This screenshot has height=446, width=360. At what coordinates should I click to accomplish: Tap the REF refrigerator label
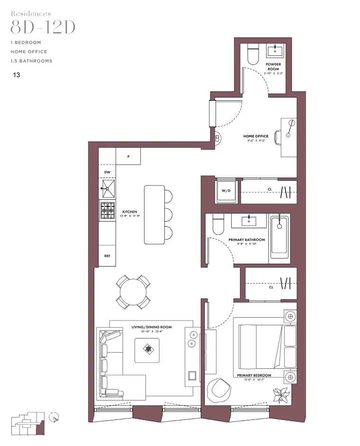click(108, 256)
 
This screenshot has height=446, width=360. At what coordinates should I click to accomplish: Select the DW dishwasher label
click(108, 172)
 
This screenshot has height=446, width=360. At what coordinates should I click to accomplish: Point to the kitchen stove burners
click(108, 210)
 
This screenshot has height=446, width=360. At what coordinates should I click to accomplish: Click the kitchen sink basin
click(108, 189)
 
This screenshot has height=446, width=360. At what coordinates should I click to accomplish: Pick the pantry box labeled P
click(128, 156)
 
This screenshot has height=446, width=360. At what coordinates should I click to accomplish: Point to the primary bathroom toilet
click(218, 225)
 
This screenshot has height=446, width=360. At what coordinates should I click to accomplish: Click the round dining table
click(134, 291)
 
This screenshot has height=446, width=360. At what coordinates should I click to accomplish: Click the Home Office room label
click(256, 136)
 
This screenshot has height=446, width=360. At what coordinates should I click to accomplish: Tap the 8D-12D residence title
click(43, 27)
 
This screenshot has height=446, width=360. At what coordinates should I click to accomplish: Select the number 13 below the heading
click(17, 75)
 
